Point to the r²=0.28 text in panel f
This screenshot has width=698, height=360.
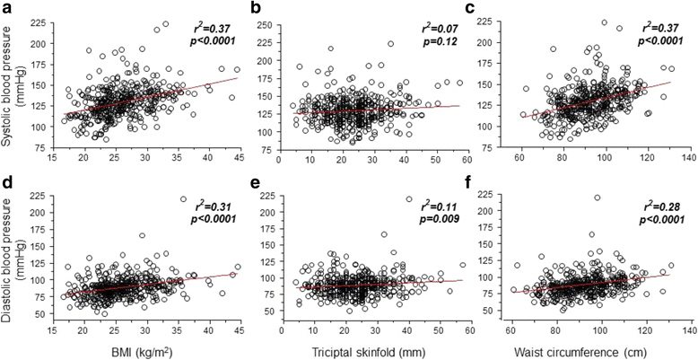pyautogui.click(x=660, y=205)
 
